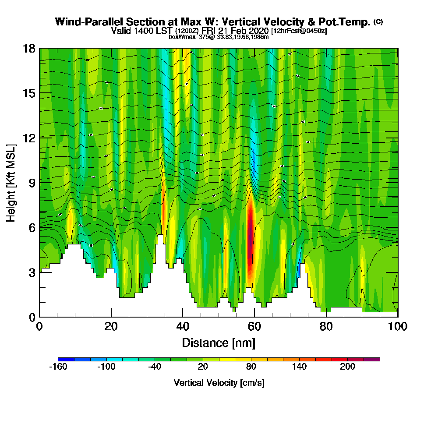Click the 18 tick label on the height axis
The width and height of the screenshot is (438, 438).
(x=29, y=48)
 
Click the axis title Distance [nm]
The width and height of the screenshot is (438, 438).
(x=219, y=343)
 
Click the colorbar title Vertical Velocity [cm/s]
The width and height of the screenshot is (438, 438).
(x=219, y=383)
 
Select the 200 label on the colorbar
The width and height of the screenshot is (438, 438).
(x=348, y=367)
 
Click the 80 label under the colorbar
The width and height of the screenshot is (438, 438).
(x=251, y=367)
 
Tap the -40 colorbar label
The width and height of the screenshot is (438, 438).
(x=155, y=367)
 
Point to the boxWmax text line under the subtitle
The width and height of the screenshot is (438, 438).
(x=219, y=37)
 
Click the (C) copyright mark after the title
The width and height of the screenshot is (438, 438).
(x=378, y=21)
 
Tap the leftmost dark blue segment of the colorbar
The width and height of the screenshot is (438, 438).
(x=66, y=359)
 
